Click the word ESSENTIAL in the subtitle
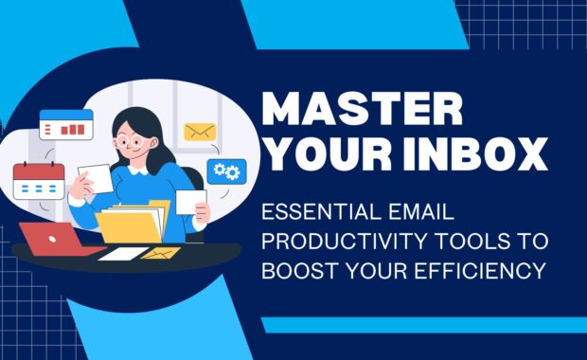[317, 215]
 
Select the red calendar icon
[38, 180]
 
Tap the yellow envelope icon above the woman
[200, 133]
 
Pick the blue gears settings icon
[227, 171]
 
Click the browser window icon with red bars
[66, 124]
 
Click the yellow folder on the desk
[132, 224]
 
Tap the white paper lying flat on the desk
[123, 253]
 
